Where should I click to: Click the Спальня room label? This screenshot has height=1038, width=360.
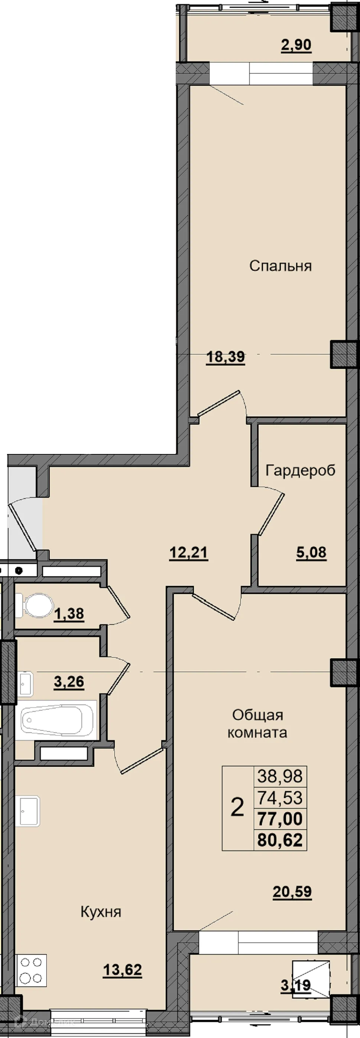click(280, 266)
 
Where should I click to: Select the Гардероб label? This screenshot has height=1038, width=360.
click(300, 470)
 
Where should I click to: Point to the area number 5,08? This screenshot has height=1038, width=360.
click(311, 552)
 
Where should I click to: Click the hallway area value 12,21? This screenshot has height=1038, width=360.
click(189, 552)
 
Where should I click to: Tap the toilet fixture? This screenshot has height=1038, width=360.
click(35, 606)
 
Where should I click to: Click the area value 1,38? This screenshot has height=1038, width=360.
click(69, 614)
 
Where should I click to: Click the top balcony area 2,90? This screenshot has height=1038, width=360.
click(296, 45)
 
